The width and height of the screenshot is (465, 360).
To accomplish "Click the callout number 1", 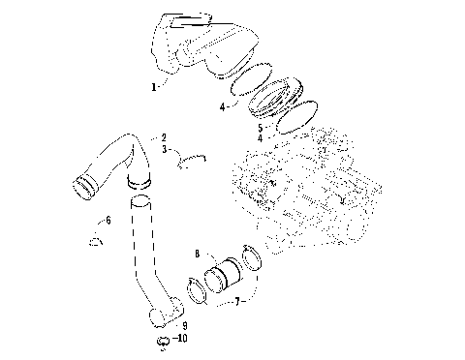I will pyautogui.click(x=153, y=86).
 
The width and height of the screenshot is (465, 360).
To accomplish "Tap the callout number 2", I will pyautogui.click(x=164, y=137).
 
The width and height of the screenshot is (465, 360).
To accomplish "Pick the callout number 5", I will pyautogui.click(x=260, y=126).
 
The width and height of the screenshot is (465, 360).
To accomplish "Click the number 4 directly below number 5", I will pyautogui.click(x=260, y=137).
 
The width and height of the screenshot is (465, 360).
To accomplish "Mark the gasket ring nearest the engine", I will pyautogui.click(x=307, y=112).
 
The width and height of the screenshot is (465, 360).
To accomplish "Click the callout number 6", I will pyautogui.click(x=108, y=221).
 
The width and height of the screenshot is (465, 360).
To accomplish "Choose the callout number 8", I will pyautogui.click(x=197, y=254).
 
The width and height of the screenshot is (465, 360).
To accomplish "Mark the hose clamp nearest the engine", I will pyautogui.click(x=251, y=255).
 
